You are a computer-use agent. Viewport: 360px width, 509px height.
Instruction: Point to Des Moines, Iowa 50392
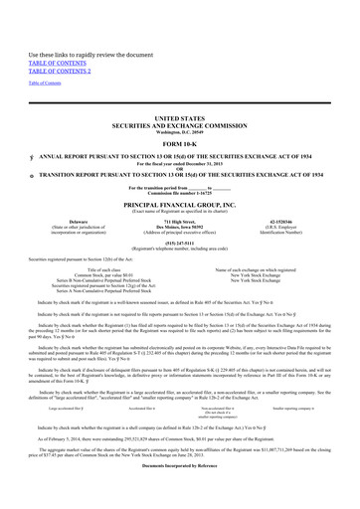point(180,229)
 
